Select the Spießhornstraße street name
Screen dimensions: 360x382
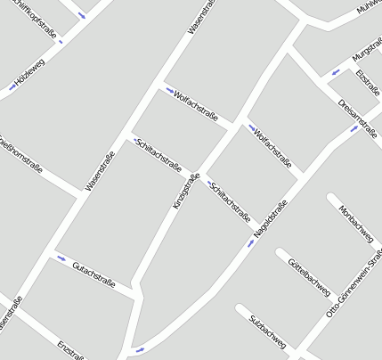coord(20,151)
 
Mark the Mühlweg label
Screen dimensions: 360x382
coord(369,8)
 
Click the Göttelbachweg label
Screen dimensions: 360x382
coord(309,276)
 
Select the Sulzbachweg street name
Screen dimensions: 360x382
coord(267,331)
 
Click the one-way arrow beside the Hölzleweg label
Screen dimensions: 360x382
coord(12,86)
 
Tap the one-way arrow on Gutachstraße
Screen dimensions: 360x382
coord(61,258)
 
